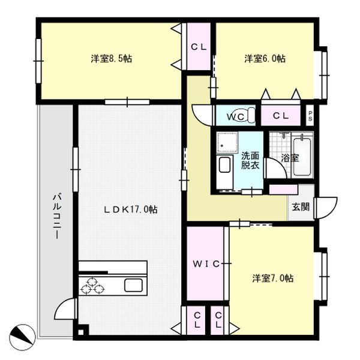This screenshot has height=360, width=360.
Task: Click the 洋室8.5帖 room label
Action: coord(112,59)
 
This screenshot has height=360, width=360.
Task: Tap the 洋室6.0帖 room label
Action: coord(265,59)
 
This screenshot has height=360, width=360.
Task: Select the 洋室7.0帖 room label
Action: coord(273,278)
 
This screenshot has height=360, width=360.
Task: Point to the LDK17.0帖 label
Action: coord(131,209)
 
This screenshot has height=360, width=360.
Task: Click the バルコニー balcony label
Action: coord(57,217)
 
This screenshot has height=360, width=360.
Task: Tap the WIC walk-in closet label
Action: coord(206,264)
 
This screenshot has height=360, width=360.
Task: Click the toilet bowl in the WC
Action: coord(248,115)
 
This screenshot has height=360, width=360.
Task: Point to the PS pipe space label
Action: coord(310,116)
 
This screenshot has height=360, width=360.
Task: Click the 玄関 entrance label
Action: coord(301,207)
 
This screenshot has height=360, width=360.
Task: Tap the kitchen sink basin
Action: coord(133,286)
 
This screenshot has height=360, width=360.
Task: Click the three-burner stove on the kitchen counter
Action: coord(92,286)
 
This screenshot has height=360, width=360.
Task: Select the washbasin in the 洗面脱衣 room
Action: coord(224,166)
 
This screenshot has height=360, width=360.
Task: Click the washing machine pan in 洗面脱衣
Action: coord(227,142)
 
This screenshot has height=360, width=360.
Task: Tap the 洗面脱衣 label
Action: coord(250,161)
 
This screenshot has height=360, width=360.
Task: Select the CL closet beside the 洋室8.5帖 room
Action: coord(199,47)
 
